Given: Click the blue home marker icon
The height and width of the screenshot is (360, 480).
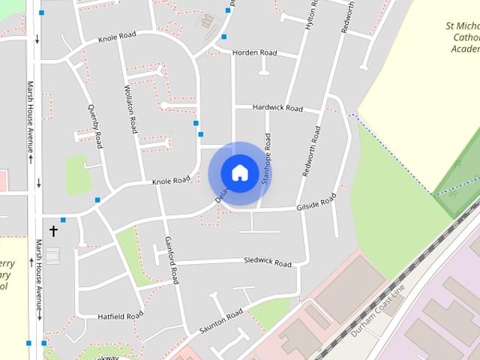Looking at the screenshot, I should pyautogui.click(x=239, y=172).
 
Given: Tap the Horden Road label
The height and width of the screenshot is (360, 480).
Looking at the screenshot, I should pyautogui.click(x=254, y=52).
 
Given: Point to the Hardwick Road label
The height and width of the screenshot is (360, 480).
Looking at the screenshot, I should pyautogui.click(x=277, y=108).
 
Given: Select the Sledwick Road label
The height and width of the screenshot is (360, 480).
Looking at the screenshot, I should pyautogui.click(x=267, y=262).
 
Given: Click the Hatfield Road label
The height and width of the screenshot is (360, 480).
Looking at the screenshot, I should pyautogui.click(x=120, y=316).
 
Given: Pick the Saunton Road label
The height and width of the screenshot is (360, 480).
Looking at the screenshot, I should pyautogui.click(x=221, y=322).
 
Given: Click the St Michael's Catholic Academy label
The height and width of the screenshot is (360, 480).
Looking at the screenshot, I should pyautogui.click(x=462, y=37).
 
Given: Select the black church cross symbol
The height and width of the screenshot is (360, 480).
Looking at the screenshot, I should pyautogui.click(x=53, y=231).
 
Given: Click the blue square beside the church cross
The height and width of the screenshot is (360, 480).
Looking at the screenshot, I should pyautogui.click(x=63, y=220).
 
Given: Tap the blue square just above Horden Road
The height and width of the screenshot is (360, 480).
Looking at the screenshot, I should pyautogui.click(x=223, y=36).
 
